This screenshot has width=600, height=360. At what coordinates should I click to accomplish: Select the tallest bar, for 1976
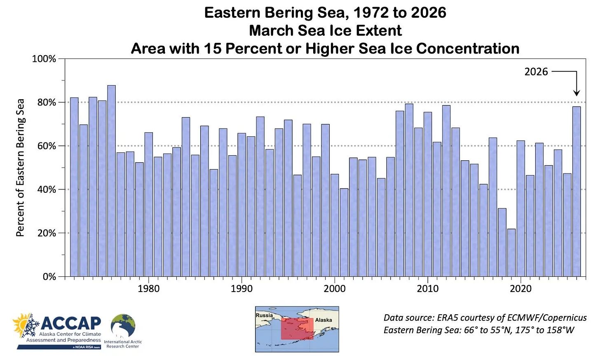point(111,181)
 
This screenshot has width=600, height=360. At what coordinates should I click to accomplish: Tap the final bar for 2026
point(576,192)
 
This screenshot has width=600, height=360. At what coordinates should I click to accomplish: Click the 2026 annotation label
point(536,72)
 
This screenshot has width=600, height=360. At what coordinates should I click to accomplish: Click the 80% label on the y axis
point(47,103)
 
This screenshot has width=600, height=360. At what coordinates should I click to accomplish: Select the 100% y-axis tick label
point(44,59)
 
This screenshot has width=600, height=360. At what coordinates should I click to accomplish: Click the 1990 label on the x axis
point(241,289)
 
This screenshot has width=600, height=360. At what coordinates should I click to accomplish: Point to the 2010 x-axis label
point(427,289)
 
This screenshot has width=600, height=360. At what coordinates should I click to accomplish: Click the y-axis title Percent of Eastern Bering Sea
point(20,168)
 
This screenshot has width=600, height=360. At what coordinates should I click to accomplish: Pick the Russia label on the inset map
point(264,316)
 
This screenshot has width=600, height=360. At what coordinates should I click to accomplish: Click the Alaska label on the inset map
point(323,320)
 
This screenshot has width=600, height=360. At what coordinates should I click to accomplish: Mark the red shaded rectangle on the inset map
point(297,328)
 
